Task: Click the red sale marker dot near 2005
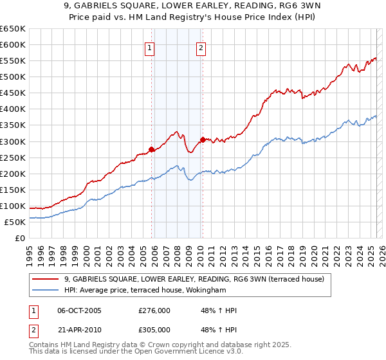(152, 149)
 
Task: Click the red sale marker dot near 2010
(203, 139)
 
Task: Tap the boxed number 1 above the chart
(149, 47)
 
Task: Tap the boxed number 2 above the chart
(201, 47)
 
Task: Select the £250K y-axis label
(13, 157)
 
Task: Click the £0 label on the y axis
(21, 238)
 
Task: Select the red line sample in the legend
(46, 279)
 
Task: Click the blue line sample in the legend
(46, 290)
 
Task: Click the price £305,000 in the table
(154, 330)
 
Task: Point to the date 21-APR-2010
(79, 330)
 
